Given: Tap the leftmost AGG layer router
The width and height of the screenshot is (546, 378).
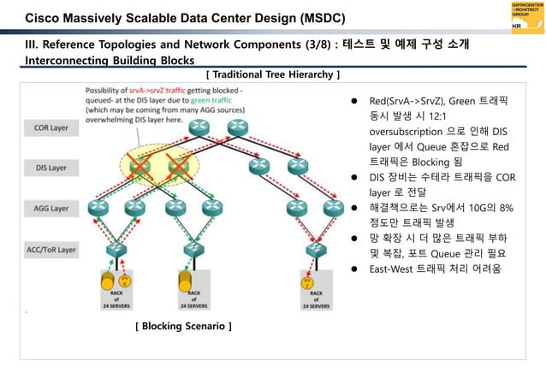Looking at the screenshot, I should coord(101,207).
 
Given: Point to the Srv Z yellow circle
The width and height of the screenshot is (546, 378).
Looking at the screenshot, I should coord(307,281).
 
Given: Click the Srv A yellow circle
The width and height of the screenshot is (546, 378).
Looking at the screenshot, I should coord(125,281).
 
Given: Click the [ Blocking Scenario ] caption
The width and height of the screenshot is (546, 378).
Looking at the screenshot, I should coord(183,326).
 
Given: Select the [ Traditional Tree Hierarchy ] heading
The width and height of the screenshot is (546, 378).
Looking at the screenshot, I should coord(274,75).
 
